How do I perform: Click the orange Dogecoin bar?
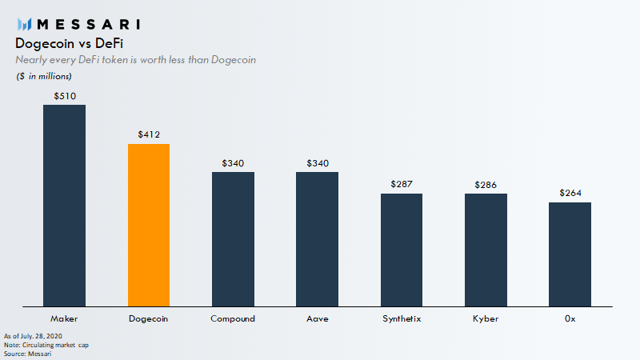coord(149,225)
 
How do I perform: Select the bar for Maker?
coord(64,206)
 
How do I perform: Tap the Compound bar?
coord(233,239)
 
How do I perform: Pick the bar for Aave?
coord(317,239)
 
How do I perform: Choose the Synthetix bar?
coord(402,250)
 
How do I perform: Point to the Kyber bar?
coord(486,250)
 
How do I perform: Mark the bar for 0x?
coord(570,254)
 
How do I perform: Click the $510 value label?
coord(64,96)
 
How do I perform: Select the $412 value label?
coord(149,135)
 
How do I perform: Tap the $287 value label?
coord(402,184)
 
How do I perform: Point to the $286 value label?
coord(486,184)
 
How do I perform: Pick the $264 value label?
coord(570,194)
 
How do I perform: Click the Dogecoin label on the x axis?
coord(149,318)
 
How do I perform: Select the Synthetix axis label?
coord(402,318)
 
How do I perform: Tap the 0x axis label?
coord(570,318)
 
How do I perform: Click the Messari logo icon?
coord(25,23)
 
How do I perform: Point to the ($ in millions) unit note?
coord(44,76)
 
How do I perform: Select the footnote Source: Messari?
coord(28,353)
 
